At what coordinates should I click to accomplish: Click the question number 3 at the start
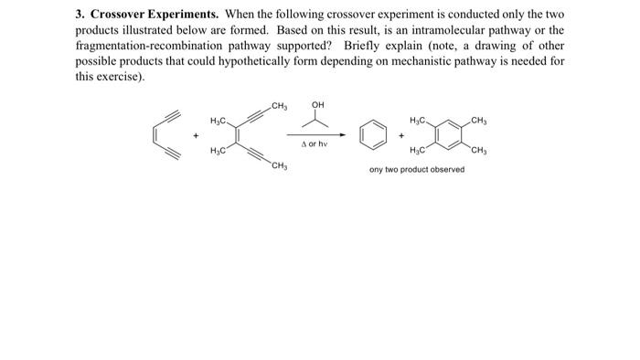point(79,16)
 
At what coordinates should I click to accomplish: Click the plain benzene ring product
point(372,134)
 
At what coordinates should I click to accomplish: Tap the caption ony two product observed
point(416,169)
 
